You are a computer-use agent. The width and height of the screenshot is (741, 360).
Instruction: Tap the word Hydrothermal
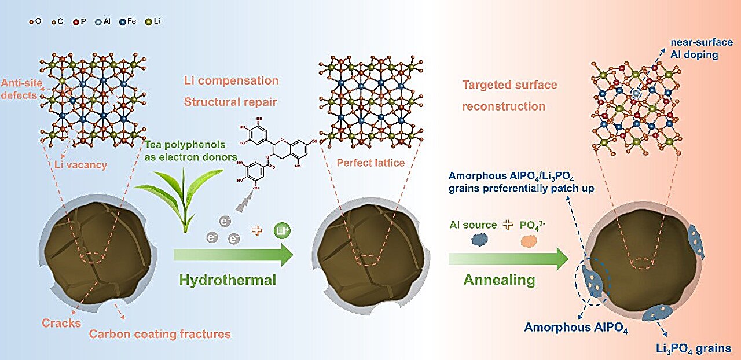228,280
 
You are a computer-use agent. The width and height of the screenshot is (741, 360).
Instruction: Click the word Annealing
499,280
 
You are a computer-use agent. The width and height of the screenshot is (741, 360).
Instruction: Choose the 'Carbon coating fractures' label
160,334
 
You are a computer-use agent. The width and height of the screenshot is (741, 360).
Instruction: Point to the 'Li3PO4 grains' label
694,348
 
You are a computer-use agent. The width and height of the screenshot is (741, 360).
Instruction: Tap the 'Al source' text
472,224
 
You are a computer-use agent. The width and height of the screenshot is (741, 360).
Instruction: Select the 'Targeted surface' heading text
509,85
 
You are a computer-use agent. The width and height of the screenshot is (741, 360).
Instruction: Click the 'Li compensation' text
231,80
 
